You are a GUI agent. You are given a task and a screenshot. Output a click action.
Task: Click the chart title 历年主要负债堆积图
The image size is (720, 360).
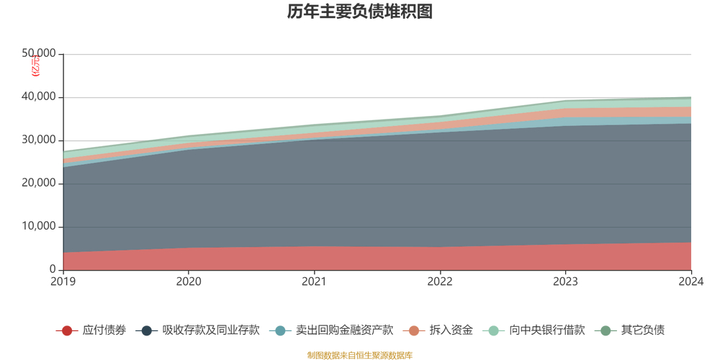(x=359, y=12)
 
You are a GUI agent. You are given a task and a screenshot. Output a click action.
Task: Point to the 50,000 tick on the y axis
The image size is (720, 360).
(x=39, y=54)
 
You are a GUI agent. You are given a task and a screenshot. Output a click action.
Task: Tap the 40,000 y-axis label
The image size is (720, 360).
(x=39, y=97)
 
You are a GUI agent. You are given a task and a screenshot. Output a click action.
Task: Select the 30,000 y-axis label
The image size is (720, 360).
(x=39, y=140)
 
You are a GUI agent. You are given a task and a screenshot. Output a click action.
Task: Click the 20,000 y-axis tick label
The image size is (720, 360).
(x=39, y=184)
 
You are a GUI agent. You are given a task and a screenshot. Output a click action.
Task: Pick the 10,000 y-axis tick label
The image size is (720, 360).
(x=39, y=227)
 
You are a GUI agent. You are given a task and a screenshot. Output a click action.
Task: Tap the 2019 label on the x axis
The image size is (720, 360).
(x=63, y=282)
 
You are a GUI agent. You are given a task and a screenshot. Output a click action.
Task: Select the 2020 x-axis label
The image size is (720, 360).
(x=189, y=282)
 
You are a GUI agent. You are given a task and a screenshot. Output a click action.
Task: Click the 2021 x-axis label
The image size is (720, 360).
(x=314, y=282)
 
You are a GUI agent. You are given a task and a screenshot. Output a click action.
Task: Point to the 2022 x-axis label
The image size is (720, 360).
(x=440, y=282)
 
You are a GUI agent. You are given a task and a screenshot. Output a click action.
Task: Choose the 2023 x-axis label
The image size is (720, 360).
(x=565, y=282)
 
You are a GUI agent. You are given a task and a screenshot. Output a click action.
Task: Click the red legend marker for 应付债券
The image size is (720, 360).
(x=67, y=330)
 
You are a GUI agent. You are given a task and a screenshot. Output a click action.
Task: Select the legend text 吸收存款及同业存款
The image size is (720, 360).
(x=210, y=330)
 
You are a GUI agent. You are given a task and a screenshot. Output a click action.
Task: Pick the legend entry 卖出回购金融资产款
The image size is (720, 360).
(x=344, y=330)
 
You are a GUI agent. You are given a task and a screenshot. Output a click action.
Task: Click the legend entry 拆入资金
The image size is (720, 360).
(x=451, y=330)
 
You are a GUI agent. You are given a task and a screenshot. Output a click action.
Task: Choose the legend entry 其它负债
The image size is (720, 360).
(x=642, y=330)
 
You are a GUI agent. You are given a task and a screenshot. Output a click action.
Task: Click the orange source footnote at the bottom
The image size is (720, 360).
(x=359, y=355)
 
